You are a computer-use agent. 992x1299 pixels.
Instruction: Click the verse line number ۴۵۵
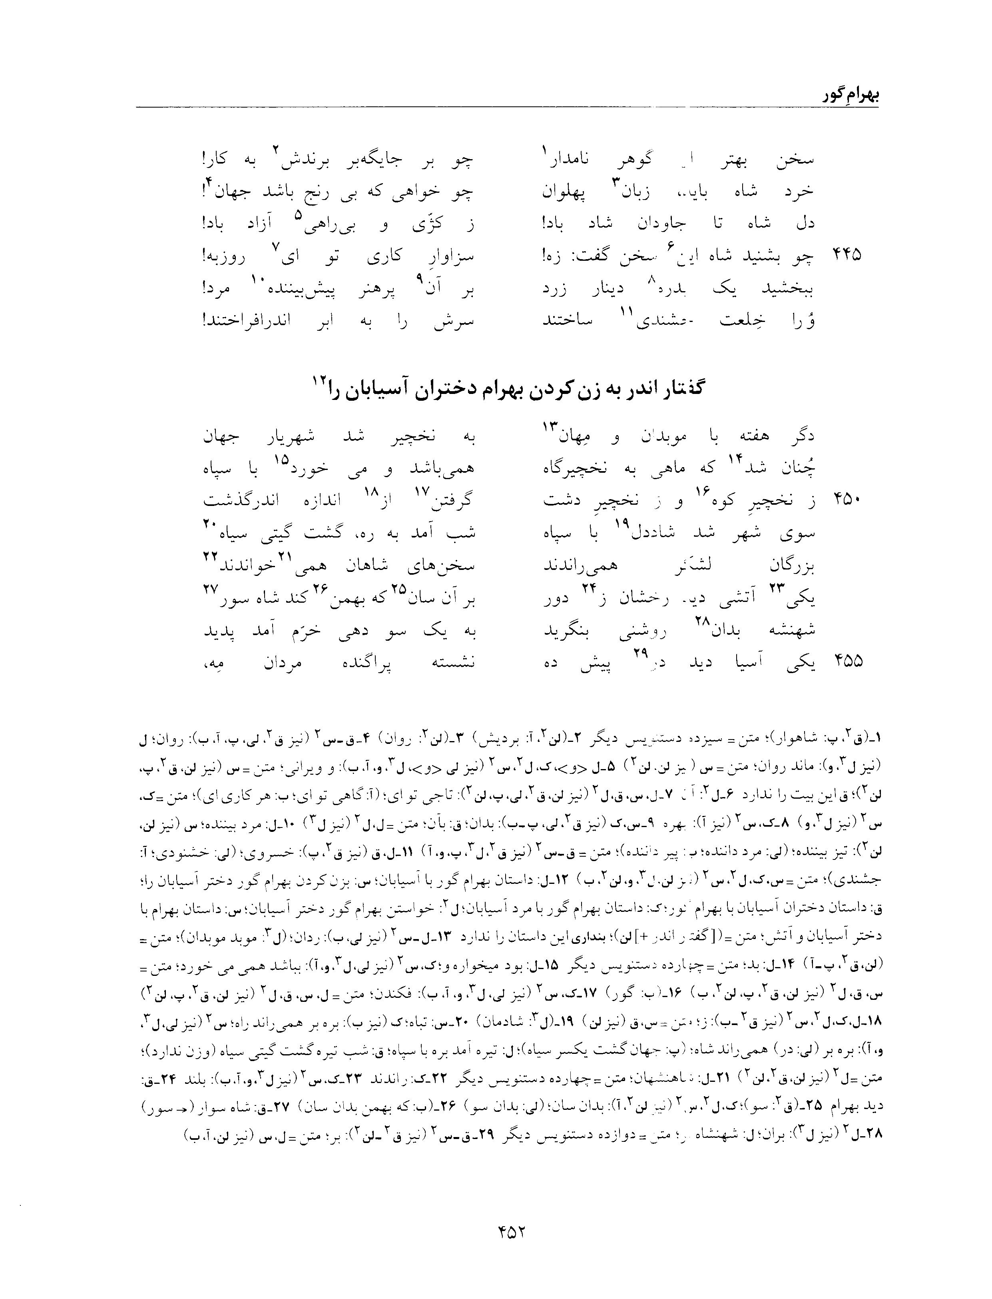[846, 661]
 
